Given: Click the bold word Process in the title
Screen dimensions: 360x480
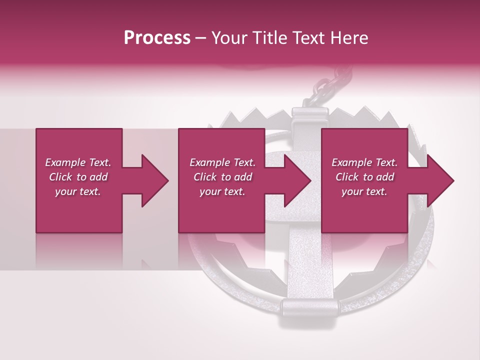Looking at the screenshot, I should pyautogui.click(x=157, y=37).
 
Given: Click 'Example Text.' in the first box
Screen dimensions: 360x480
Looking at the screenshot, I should pyautogui.click(x=78, y=162).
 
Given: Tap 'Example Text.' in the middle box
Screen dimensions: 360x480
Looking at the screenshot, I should pyautogui.click(x=222, y=162).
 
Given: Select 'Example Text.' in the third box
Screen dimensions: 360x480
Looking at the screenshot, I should pyautogui.click(x=364, y=162).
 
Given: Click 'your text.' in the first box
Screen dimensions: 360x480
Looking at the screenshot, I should pyautogui.click(x=78, y=191).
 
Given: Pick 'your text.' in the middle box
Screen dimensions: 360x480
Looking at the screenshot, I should pyautogui.click(x=222, y=191).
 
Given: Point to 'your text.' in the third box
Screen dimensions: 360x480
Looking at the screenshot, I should pyautogui.click(x=364, y=191).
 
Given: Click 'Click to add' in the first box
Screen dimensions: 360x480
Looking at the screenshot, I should pyautogui.click(x=78, y=177).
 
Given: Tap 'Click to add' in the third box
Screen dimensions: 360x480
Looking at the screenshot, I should pyautogui.click(x=364, y=177).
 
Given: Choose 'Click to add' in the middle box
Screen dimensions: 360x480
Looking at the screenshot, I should pyautogui.click(x=222, y=177).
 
